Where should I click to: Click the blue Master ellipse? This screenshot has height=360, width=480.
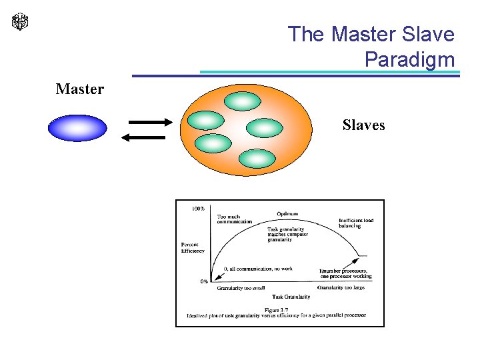tap(77, 128)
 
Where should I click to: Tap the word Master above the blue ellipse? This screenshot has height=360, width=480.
tap(80, 89)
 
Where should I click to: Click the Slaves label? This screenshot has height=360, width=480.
tap(363, 125)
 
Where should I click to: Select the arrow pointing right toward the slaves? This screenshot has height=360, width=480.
tap(150, 122)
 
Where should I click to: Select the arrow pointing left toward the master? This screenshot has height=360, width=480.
tap(143, 137)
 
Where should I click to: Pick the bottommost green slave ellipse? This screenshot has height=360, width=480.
tap(257, 159)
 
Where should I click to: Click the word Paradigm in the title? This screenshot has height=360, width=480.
tap(409, 59)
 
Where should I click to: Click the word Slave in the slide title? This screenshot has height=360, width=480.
tap(427, 34)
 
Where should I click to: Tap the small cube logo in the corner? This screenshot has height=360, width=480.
tap(21, 22)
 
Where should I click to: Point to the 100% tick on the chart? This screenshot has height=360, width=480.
tap(198, 209)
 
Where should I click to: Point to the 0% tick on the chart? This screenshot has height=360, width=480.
tap(204, 281)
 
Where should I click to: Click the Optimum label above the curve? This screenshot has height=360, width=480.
tap(287, 214)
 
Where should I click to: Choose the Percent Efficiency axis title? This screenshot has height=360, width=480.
tap(193, 247)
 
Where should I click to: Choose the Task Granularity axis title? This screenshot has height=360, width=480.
tap(291, 296)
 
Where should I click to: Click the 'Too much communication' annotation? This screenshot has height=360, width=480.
tap(235, 219)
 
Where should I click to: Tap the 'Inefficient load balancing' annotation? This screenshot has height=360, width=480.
tap(355, 223)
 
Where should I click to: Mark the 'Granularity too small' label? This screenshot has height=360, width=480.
tap(241, 288)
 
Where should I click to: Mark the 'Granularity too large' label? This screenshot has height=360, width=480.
tap(341, 287)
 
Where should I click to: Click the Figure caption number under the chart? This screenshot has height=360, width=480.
tap(276, 309)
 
